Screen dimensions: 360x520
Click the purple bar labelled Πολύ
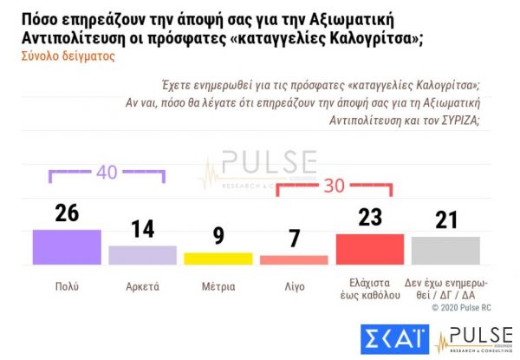67,246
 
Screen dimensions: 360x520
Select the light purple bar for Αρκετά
142,254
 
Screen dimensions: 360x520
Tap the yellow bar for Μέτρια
218,258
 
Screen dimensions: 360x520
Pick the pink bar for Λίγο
294,259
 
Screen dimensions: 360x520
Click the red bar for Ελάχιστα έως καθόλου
370,248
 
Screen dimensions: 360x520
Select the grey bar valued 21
445,250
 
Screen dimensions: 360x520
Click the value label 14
142,230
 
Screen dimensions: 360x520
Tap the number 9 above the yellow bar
218,238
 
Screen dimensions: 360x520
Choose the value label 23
370,219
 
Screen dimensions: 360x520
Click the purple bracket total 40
107,172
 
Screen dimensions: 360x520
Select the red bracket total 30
335,186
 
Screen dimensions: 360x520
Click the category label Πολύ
67,284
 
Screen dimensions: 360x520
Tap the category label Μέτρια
218,284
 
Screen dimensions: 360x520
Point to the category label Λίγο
295,284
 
